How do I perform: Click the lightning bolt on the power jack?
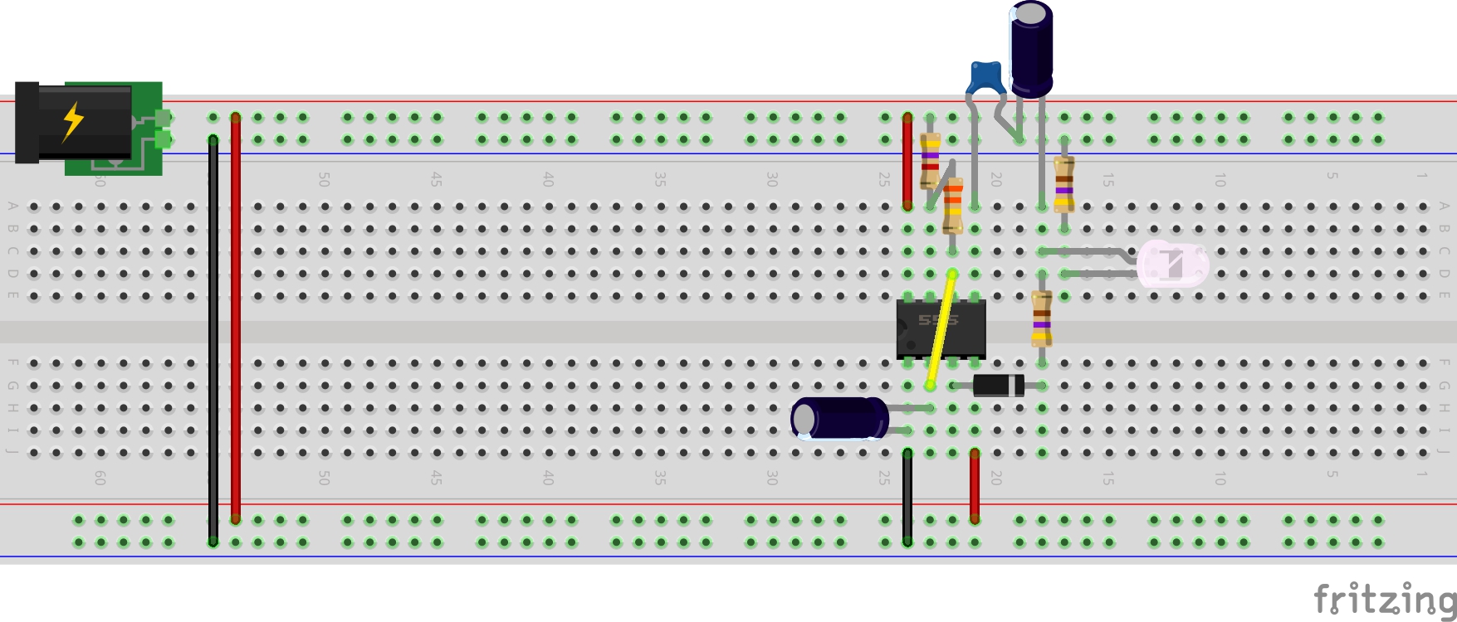pos(73,121)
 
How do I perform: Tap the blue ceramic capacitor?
pos(985,77)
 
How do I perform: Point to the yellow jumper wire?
pos(941,330)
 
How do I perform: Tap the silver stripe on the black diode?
pos(1018,385)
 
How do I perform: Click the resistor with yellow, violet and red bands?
pos(930,161)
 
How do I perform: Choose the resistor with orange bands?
pos(953,205)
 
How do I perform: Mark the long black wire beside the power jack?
pos(213,340)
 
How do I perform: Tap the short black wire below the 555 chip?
pos(907,498)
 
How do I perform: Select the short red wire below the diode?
pos(975,486)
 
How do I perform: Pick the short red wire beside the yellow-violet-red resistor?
pos(907,162)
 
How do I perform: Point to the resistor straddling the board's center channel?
pos(1042,318)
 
